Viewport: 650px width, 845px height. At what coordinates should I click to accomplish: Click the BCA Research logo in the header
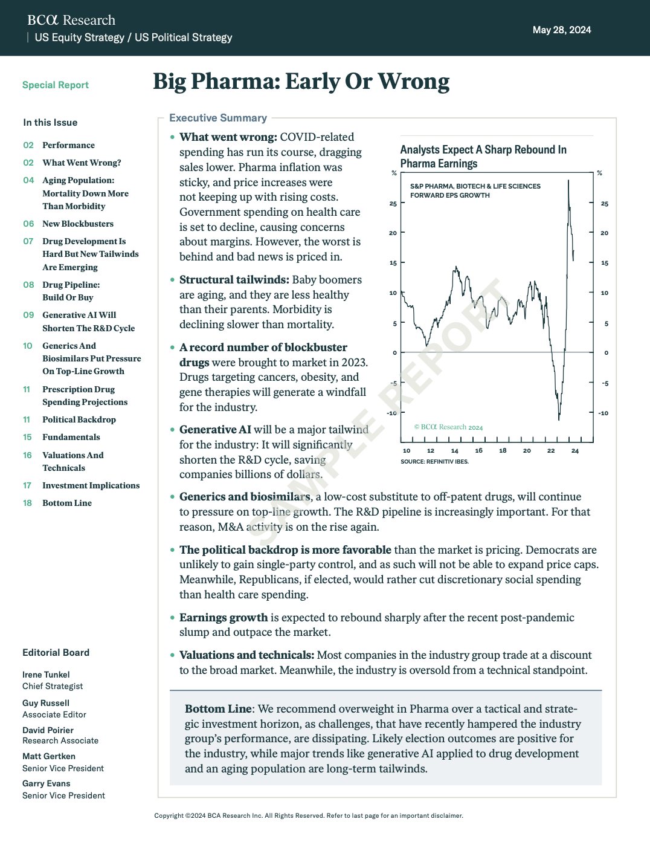(71, 20)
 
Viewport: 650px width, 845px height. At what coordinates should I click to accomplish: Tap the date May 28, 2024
(561, 30)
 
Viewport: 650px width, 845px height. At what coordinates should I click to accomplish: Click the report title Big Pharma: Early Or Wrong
(301, 82)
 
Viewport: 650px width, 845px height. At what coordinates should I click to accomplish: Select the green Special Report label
(56, 85)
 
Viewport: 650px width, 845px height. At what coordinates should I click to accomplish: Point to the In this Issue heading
(50, 123)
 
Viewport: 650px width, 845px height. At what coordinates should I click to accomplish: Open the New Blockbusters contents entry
(77, 224)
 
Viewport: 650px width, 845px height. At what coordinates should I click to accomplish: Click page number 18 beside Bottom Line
(27, 503)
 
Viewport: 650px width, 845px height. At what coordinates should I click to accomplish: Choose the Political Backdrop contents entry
(79, 419)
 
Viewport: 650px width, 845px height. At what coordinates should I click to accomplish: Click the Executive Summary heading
(217, 118)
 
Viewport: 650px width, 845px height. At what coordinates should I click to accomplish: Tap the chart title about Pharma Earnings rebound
(483, 157)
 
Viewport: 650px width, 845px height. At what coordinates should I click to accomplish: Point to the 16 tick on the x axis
(478, 450)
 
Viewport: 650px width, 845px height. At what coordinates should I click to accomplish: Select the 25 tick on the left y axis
(393, 204)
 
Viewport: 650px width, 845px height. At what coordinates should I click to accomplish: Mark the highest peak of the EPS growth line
(568, 180)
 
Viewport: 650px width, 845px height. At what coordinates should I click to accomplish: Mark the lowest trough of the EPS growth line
(559, 419)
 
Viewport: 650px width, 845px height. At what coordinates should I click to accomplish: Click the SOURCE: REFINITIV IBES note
(434, 462)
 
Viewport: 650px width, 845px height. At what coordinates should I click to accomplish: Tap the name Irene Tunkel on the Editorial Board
(46, 675)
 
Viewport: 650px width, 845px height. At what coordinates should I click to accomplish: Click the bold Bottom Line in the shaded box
(218, 709)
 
